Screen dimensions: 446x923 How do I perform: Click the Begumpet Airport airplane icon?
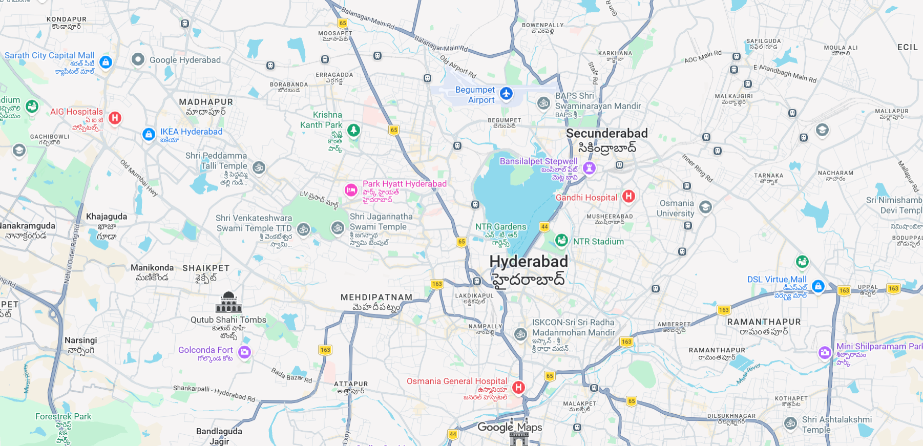(506, 94)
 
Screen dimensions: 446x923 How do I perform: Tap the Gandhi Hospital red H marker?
(628, 196)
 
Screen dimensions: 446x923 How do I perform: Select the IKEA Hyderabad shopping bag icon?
(149, 135)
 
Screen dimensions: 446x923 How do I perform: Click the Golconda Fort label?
(205, 350)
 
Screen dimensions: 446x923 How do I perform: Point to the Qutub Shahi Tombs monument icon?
(228, 303)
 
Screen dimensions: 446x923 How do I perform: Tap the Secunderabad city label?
(606, 134)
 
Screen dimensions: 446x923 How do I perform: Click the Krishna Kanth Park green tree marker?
(353, 130)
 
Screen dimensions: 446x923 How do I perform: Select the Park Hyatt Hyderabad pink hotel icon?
(351, 190)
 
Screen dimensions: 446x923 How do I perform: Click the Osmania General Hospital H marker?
(518, 387)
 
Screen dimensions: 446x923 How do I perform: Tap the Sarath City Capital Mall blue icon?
(106, 62)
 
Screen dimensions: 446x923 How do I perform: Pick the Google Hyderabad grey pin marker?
(138, 59)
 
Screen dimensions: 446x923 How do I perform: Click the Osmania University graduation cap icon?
(705, 207)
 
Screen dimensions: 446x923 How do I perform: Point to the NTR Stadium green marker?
(561, 240)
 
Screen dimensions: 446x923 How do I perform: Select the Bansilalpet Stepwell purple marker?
(589, 167)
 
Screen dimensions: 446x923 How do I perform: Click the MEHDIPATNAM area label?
(376, 298)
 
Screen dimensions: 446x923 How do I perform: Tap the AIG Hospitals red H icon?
(115, 118)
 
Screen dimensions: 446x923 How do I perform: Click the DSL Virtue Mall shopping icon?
(818, 286)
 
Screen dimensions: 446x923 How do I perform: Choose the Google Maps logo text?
(509, 427)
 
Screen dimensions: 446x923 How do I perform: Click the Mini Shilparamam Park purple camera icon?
(825, 352)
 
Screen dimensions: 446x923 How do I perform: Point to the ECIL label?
(907, 47)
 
